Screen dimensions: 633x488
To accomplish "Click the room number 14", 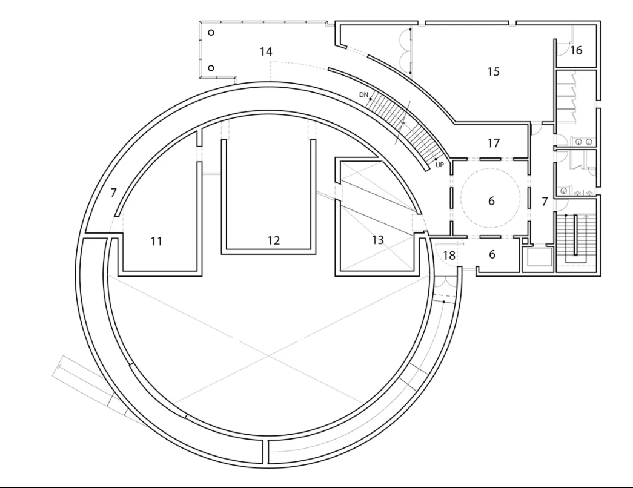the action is point(266,51).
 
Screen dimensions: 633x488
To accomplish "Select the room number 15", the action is point(493,71).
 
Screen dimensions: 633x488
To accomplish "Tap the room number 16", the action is point(577,50).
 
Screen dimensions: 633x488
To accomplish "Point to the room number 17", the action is point(493,143).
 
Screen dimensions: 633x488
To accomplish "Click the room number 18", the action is point(449,255).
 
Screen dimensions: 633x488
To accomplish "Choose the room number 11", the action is point(156,242).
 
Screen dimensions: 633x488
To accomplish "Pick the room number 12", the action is point(274,240).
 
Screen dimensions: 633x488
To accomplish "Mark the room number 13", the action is point(377,240).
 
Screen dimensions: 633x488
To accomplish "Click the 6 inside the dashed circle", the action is point(491,200).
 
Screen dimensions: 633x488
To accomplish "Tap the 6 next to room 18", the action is point(492,254).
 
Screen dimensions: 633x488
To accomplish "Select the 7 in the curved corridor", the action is point(113,193).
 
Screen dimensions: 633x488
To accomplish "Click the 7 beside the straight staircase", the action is point(545,201).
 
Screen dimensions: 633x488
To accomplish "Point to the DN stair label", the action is point(363,95).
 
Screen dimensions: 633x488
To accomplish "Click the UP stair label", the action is point(440,165).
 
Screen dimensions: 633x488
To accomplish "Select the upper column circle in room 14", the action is point(211,33).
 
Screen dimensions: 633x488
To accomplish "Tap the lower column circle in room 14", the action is point(211,68).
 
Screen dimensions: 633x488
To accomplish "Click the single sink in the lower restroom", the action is point(564,191).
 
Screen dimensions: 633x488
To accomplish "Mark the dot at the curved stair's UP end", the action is point(436,159).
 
